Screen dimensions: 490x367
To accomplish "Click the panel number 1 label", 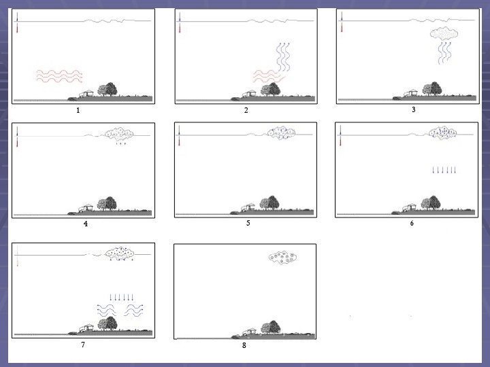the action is [78, 110].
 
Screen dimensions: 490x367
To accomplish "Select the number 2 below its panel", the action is [246, 110].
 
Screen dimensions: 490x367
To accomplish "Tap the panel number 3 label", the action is [414, 109].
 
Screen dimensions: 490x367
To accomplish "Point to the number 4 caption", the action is [86, 224].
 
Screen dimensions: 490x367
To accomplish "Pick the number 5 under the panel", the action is [248, 223].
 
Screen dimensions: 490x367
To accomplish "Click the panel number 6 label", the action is [412, 223].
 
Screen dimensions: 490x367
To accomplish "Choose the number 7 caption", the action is [83, 345].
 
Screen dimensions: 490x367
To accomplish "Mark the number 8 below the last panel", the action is [244, 345].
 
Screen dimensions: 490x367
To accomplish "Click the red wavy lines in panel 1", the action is [59, 76].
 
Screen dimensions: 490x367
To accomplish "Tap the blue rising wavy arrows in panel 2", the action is [283, 57].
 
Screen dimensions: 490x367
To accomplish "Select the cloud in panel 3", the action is [444, 33].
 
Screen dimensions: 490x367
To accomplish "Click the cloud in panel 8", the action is [282, 258].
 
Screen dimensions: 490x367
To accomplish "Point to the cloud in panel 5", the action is [281, 133].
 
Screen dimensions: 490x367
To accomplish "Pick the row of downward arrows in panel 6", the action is [444, 170].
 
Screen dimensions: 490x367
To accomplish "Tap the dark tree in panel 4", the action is [111, 203].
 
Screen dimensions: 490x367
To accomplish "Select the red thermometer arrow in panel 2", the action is [180, 27].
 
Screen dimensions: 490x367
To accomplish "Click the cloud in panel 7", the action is [120, 254].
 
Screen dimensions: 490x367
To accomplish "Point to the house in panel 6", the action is [410, 207].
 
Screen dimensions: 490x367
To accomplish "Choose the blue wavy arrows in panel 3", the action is [444, 52].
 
